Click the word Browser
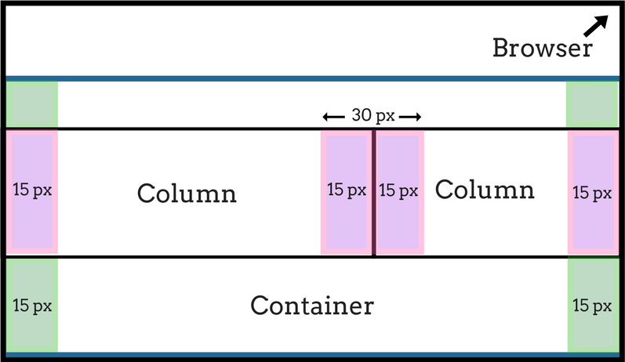[543, 48]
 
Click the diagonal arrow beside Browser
[596, 26]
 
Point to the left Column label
[187, 194]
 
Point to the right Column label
[485, 190]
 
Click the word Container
[312, 306]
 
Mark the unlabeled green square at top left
[32, 104]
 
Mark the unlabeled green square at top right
[593, 104]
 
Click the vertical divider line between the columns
[373, 193]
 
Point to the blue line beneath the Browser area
[312, 78]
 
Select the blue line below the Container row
[312, 354]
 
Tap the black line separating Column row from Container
[312, 257]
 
